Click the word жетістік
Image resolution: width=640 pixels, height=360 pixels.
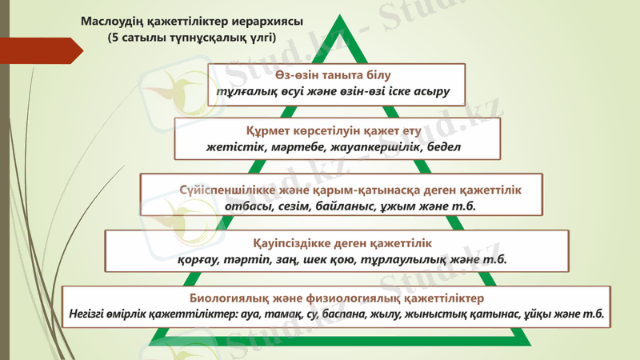pos(230,147)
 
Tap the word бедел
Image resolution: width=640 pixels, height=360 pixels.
pos(444,147)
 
